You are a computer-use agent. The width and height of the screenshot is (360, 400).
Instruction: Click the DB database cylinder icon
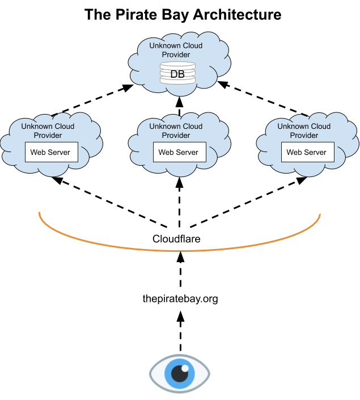177,74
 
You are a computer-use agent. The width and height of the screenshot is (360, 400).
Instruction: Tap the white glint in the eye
185,368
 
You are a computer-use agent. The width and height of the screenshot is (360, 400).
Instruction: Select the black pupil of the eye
180,374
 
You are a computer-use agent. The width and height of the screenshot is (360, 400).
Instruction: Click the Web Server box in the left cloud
50,152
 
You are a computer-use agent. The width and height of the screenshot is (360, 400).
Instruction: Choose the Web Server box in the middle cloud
179,152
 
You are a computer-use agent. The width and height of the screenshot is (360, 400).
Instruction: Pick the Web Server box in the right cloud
307,152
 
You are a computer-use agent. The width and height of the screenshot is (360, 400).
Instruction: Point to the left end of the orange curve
39,213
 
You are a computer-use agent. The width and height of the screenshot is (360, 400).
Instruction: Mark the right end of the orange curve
320,215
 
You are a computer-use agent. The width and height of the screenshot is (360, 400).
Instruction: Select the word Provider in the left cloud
48,136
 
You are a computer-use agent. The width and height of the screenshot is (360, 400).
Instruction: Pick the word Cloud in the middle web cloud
193,127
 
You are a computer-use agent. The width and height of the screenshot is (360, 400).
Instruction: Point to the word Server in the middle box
187,152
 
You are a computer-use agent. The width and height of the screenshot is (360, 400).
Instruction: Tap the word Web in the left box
38,152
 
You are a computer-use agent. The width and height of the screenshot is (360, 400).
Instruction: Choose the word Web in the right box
294,152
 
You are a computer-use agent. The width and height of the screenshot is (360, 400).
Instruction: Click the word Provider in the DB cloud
176,54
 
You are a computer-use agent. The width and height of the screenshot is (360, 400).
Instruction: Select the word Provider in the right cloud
304,136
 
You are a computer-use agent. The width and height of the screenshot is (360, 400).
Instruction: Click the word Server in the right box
315,152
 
